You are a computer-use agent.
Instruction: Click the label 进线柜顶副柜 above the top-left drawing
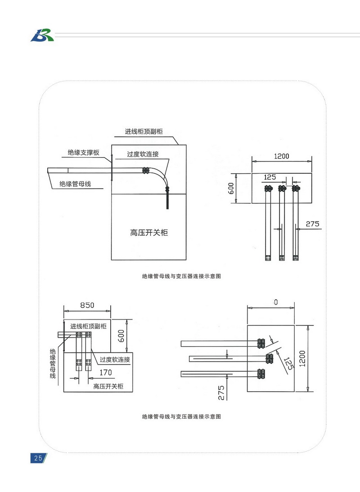coord(144,132)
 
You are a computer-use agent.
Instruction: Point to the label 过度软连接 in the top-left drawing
coord(143,154)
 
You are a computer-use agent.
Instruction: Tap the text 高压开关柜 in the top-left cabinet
coord(149,233)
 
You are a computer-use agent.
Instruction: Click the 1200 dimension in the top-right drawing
coord(282,156)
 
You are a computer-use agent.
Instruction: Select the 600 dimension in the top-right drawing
coord(231,189)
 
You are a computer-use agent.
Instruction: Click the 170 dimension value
coord(106,372)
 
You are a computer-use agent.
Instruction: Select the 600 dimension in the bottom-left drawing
coord(121,336)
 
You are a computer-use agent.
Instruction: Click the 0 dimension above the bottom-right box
coord(274,304)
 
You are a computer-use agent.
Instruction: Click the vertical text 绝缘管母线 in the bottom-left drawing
coord(53,363)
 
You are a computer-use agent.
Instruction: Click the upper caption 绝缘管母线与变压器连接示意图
coord(181,276)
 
